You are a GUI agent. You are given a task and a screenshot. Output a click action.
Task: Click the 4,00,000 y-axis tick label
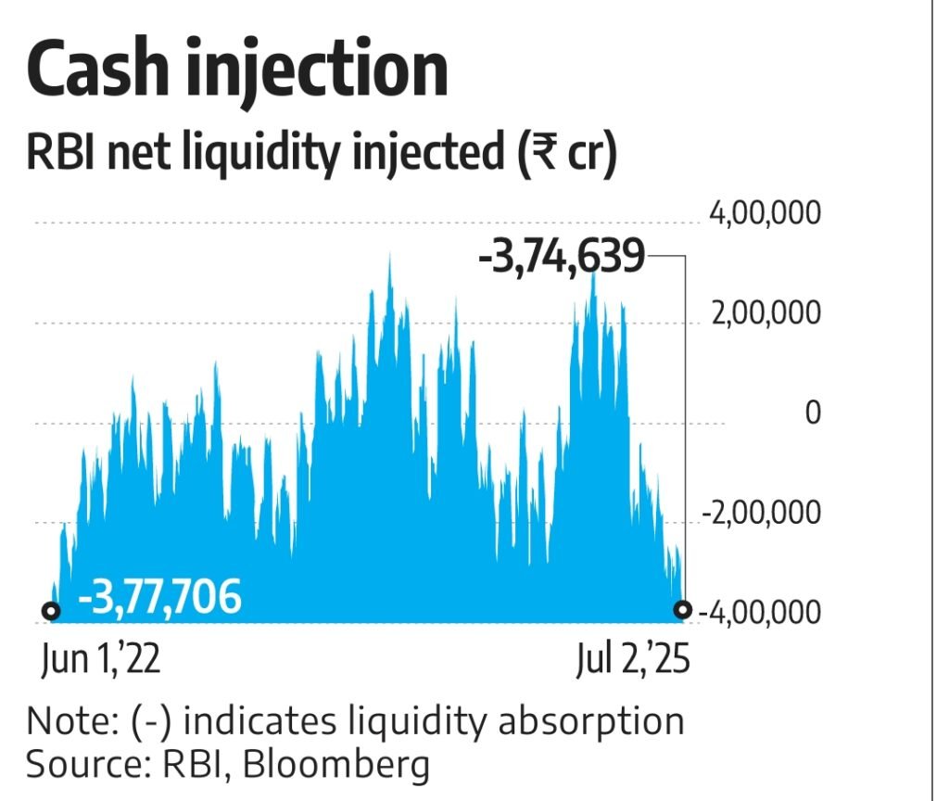(x=765, y=214)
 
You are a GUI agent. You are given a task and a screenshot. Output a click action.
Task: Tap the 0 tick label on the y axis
(x=813, y=413)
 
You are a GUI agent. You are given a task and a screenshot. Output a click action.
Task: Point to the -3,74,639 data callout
(x=561, y=257)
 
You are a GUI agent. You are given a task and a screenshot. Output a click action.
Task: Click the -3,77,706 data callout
(x=159, y=596)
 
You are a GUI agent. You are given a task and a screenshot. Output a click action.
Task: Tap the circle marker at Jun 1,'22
(x=52, y=611)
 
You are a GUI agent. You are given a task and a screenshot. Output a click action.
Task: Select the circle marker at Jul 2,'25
(x=683, y=609)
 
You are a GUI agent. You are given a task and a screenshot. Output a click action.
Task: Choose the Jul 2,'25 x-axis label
(x=633, y=660)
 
